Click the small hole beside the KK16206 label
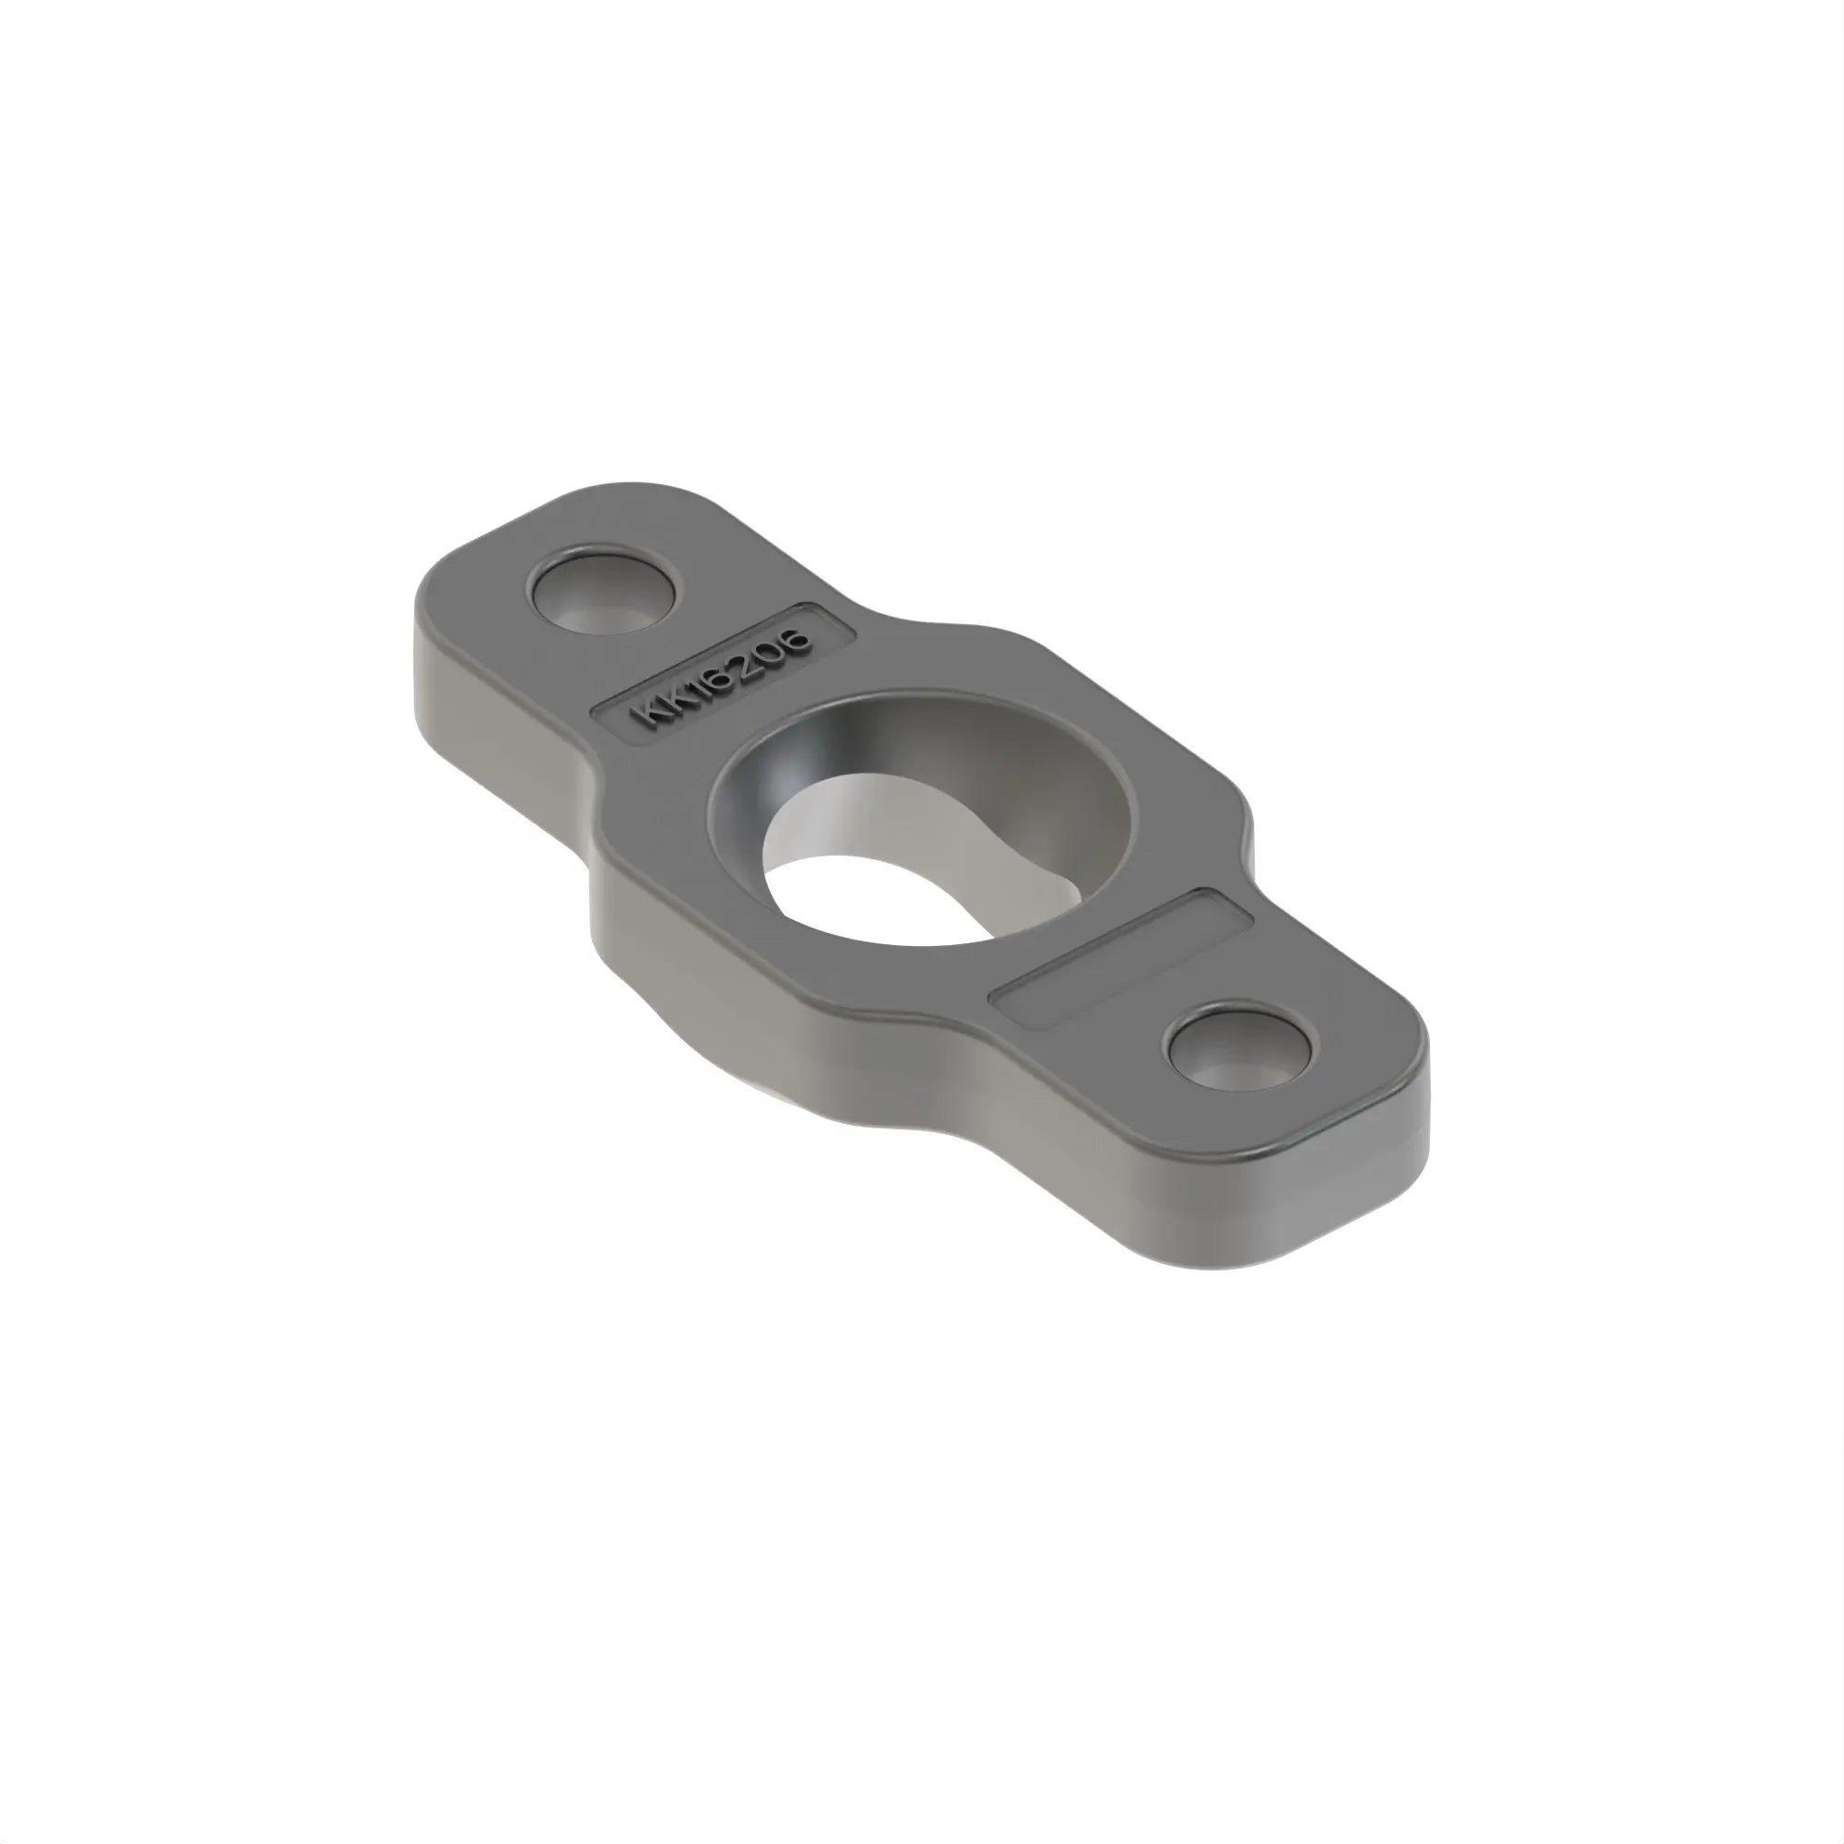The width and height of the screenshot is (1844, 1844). [x=603, y=591]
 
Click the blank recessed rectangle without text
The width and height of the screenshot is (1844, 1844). [x=1122, y=957]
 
